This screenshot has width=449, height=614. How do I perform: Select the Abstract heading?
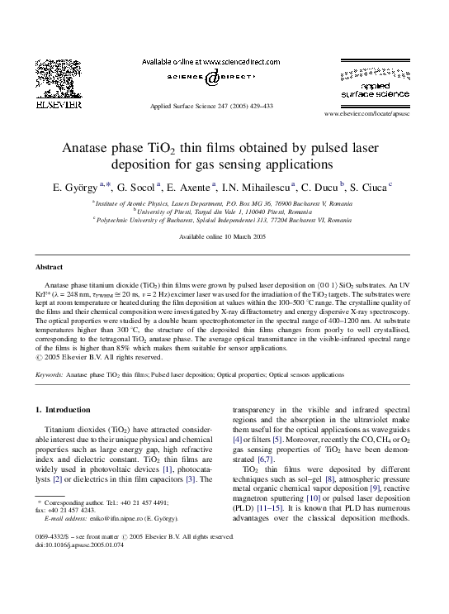coord(49,267)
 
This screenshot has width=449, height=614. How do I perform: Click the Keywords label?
coord(49,374)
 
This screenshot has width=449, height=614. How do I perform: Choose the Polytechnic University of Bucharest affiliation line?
coord(223,221)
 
